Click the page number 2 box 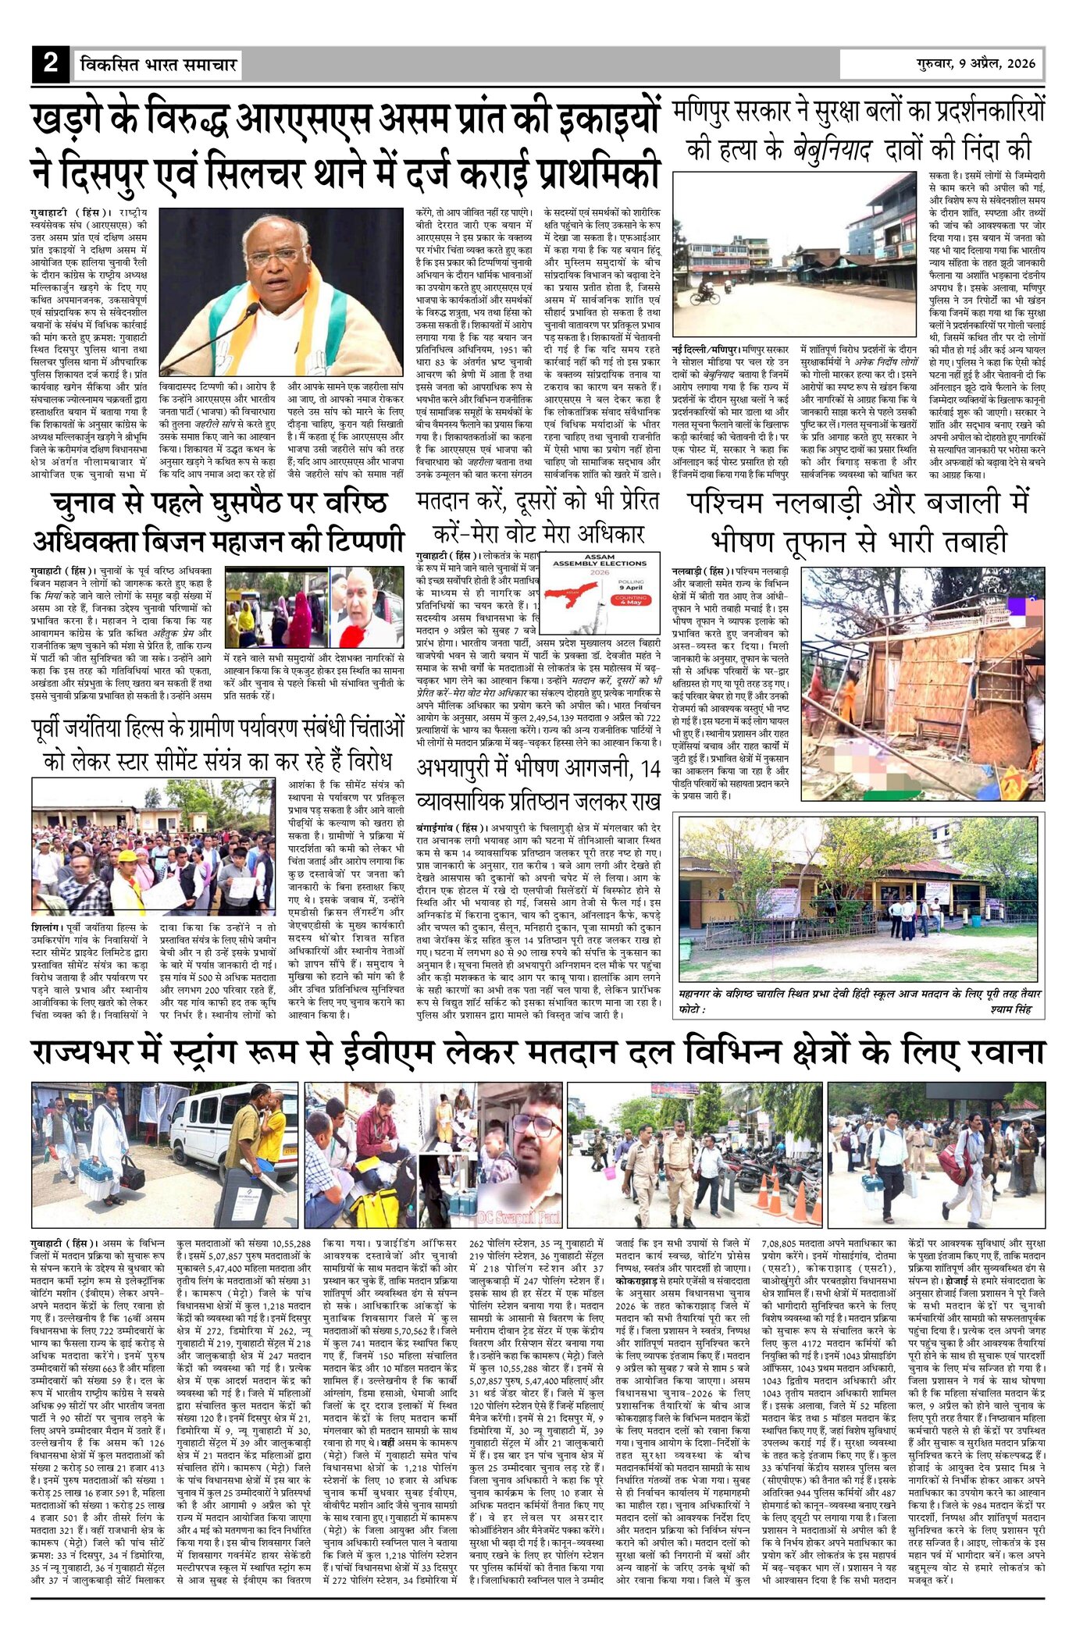click(x=51, y=64)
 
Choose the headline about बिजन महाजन click(x=219, y=522)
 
